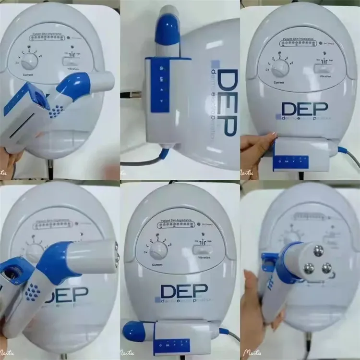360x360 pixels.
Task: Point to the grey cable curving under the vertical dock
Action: (x=144, y=161)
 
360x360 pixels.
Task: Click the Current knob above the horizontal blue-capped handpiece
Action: (x=158, y=250)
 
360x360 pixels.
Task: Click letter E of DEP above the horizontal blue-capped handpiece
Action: (x=185, y=291)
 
